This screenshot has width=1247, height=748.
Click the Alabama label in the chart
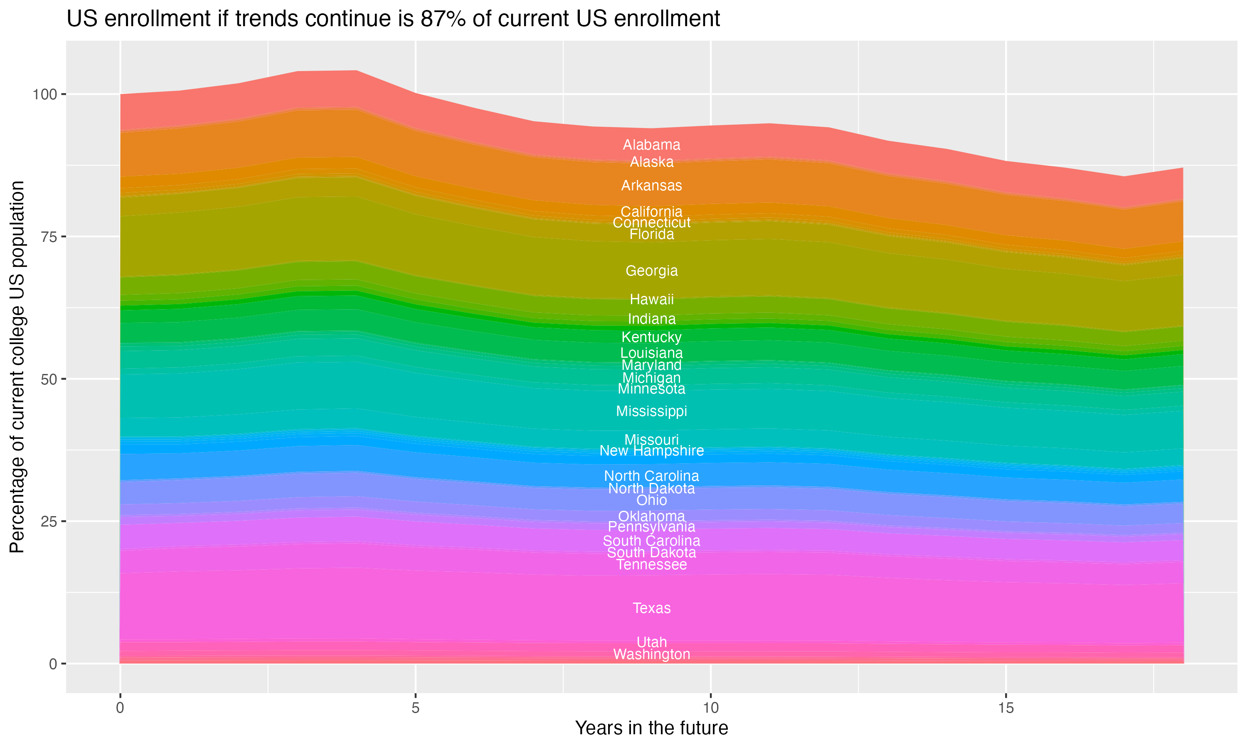(x=651, y=145)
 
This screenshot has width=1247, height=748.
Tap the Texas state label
(x=651, y=608)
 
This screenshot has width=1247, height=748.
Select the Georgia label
(x=651, y=271)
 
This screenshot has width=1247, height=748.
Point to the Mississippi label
(x=651, y=411)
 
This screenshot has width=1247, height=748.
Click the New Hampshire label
(x=651, y=450)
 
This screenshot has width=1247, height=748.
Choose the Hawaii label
(x=651, y=299)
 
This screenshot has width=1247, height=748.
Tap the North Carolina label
(x=651, y=476)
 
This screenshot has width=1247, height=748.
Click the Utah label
(x=651, y=642)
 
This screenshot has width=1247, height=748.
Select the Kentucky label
(x=651, y=337)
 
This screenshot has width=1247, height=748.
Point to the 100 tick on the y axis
(x=45, y=94)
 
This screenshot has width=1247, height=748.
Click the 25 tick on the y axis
(x=49, y=521)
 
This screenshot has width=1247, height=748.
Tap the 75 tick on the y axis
(x=49, y=237)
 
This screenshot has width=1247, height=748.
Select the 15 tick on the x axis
(x=1005, y=708)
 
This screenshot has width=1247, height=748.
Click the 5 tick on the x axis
(x=415, y=708)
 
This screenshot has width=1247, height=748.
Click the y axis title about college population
(x=17, y=367)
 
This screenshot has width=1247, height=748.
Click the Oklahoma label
(x=651, y=517)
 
